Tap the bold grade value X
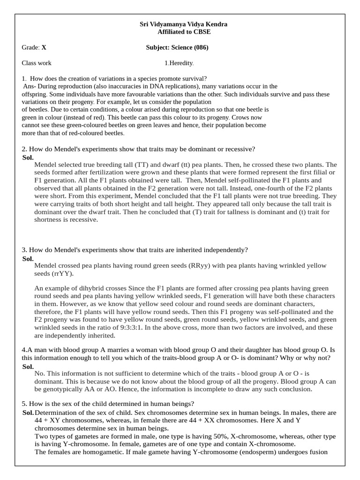44,47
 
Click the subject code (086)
200,47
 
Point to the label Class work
37,63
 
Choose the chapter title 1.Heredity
179,63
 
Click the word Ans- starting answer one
30,86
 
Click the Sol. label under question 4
28,366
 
